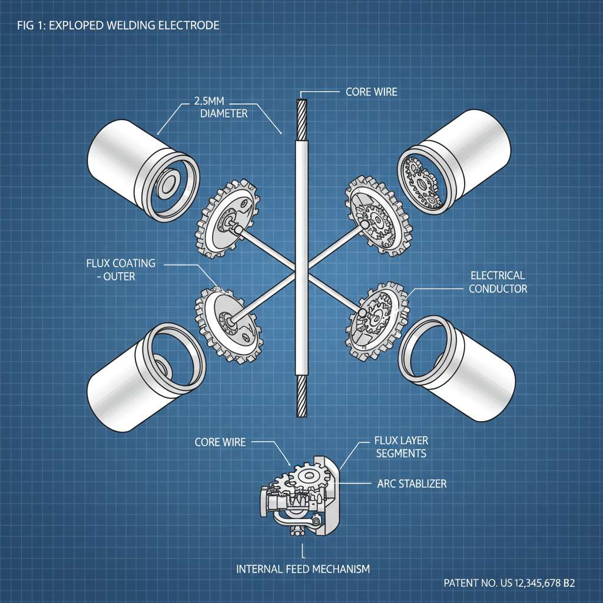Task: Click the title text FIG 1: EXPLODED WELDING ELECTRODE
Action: [x=118, y=25]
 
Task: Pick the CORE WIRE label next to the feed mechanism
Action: [x=220, y=442]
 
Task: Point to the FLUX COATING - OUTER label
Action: [x=121, y=269]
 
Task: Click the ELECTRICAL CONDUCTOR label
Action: [x=498, y=282]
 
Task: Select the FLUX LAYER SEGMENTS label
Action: [x=400, y=447]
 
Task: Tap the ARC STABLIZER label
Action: [x=411, y=484]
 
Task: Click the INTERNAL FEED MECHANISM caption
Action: [x=303, y=569]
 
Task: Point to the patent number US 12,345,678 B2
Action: [x=509, y=583]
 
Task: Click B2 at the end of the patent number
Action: [x=568, y=583]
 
